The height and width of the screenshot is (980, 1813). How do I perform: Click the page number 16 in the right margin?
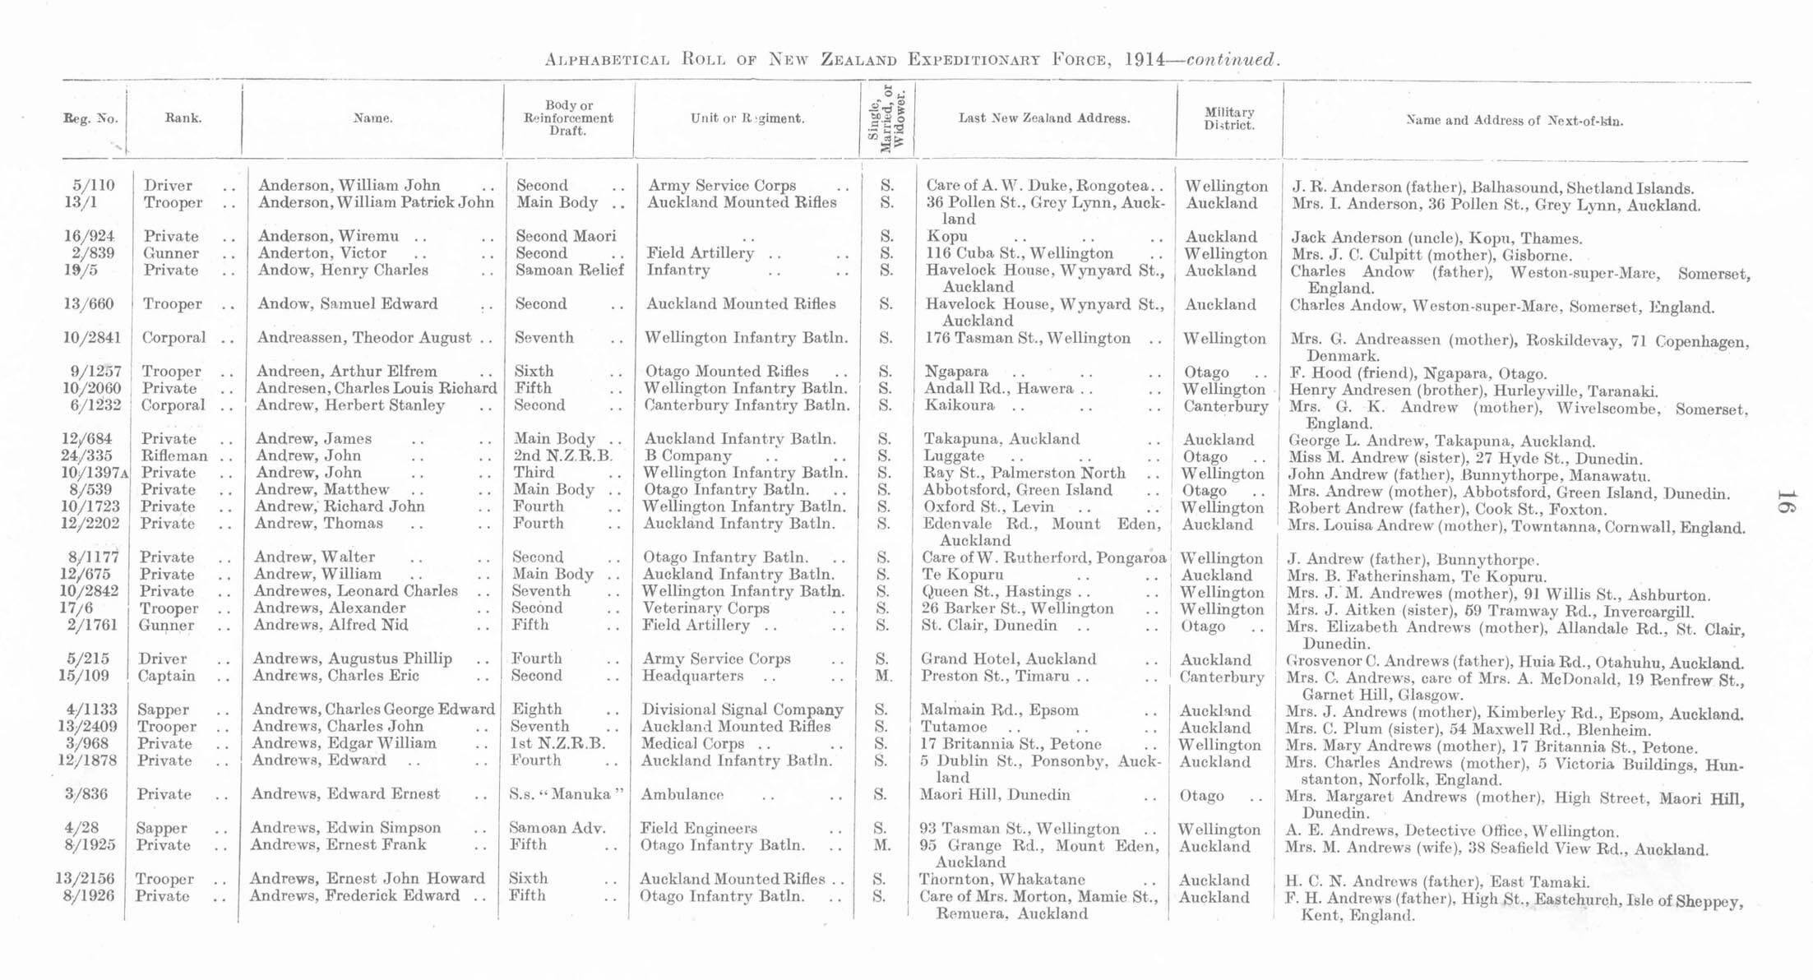coord(1784,501)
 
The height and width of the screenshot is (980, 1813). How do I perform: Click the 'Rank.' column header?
coord(183,118)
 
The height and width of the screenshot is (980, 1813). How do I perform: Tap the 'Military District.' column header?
coord(1228,118)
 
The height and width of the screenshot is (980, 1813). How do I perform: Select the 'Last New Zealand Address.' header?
coord(1043,118)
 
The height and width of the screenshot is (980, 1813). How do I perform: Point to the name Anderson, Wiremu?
coord(328,237)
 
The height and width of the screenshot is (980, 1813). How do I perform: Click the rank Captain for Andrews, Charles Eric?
coord(166,676)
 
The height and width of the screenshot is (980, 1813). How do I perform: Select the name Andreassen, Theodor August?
coord(364,338)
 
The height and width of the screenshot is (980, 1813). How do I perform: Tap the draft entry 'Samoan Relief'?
coord(569,270)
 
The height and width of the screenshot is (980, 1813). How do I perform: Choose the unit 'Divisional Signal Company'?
coord(742,710)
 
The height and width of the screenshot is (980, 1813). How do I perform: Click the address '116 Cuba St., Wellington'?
coord(1019,253)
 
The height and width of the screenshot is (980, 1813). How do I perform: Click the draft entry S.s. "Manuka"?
coord(567,795)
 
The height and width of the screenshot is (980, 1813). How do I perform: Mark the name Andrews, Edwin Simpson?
coord(345,828)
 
